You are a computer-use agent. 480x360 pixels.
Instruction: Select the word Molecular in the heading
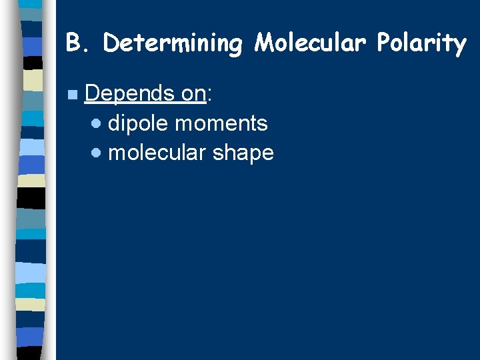point(311,43)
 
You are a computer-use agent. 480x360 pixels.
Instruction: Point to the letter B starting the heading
point(73,43)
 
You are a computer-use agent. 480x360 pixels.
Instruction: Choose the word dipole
point(138,123)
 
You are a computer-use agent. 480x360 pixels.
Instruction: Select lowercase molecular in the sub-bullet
point(157,153)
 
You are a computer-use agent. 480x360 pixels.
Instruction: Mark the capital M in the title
point(265,43)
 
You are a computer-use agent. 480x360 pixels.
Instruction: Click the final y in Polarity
point(460,45)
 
